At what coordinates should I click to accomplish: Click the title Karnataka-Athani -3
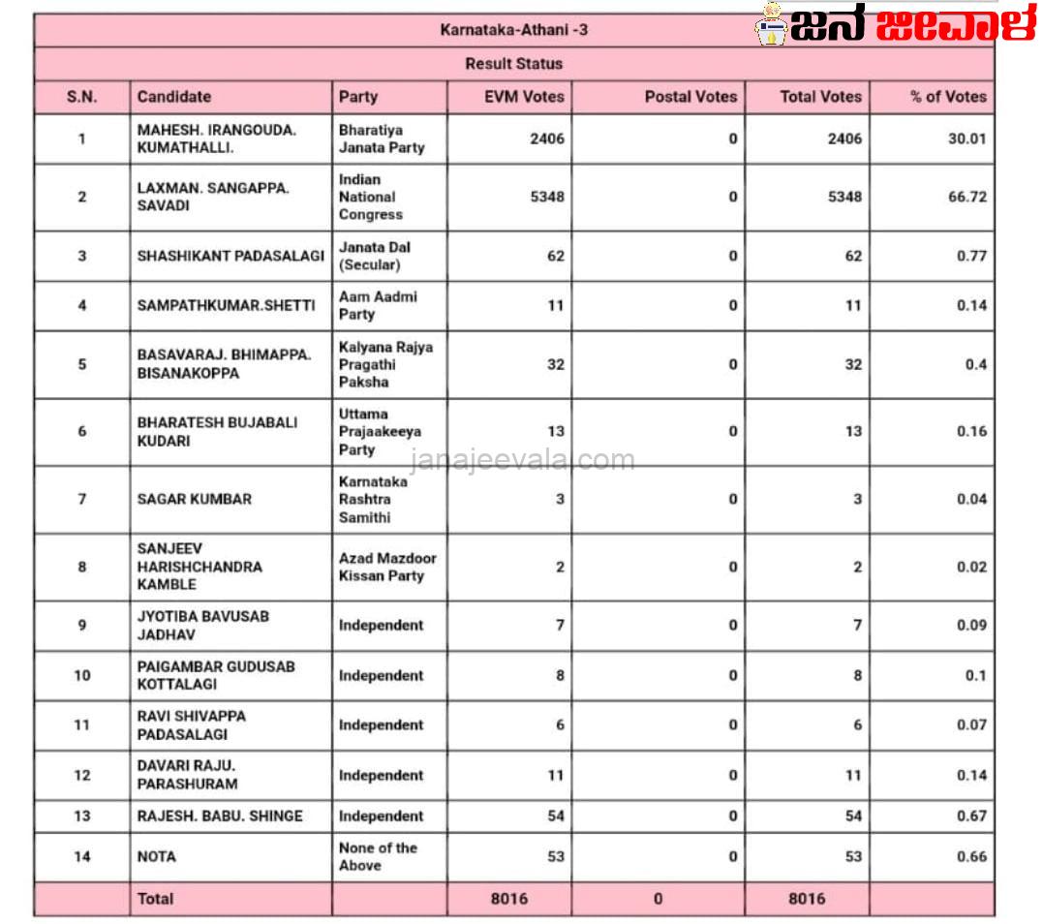513,30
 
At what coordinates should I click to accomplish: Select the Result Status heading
513,64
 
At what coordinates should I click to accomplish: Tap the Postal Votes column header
690,97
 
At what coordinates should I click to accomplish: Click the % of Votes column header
947,97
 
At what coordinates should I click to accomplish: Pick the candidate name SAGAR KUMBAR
194,499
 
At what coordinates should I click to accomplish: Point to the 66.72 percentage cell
966,197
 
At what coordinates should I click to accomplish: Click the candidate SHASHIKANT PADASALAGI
230,256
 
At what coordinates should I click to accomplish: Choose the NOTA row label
157,856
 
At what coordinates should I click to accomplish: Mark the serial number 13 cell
82,816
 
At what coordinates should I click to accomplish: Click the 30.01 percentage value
966,139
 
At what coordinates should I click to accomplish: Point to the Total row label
155,899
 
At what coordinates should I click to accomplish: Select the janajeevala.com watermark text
523,460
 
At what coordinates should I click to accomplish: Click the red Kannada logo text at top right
954,24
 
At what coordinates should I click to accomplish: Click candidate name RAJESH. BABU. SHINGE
220,816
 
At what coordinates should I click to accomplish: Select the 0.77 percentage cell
969,256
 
